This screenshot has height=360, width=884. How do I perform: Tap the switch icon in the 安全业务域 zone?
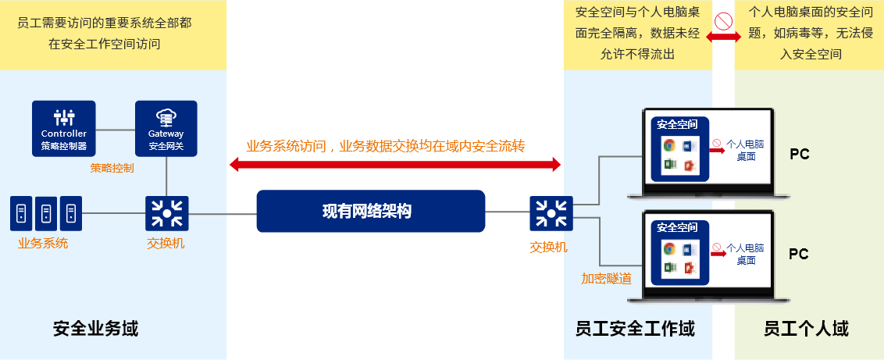pos(166,213)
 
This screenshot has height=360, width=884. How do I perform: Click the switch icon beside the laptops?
pos(551,213)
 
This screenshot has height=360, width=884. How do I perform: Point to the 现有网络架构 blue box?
pos(370,211)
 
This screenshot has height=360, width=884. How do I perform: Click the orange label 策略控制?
pos(112,168)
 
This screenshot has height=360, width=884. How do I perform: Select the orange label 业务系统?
pos(43,243)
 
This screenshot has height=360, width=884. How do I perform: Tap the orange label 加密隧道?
pos(606,278)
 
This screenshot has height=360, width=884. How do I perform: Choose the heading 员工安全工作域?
pos(634,329)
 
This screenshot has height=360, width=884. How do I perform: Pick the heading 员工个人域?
pos(806,329)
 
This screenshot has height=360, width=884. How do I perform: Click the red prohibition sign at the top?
pos(723,20)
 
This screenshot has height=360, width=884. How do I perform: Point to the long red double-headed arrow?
pos(395,164)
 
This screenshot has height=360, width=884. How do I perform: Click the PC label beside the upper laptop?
pos(799,155)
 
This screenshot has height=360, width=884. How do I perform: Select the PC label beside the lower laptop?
pos(798,255)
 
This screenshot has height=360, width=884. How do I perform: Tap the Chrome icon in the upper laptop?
pos(668,145)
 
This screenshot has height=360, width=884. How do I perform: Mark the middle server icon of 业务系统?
pos(46,212)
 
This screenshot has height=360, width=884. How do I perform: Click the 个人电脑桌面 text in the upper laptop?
pos(744,150)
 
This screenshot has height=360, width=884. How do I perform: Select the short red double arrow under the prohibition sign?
pos(724,37)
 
